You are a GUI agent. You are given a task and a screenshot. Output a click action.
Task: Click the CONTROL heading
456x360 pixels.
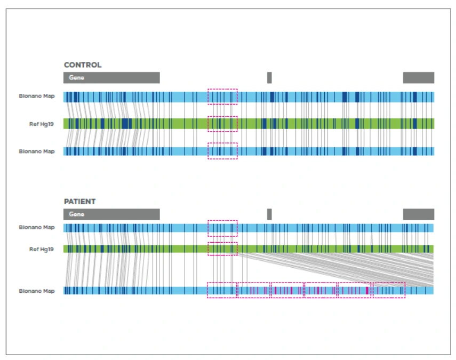coord(83,65)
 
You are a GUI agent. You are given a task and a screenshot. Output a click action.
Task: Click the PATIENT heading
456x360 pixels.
coord(79,202)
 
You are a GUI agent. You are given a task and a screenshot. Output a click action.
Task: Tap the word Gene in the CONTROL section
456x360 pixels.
coord(76,78)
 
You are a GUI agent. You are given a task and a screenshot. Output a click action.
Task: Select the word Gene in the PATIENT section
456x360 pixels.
coord(76,214)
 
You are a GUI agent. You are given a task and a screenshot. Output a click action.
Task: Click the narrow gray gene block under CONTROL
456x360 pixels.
coord(269,78)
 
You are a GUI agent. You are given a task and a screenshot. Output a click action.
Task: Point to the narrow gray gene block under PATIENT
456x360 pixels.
coord(269,214)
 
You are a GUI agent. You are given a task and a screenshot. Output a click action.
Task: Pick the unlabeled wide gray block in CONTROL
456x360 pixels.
coord(419,78)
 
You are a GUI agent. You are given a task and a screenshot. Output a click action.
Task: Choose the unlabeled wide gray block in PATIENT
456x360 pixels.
coord(419,214)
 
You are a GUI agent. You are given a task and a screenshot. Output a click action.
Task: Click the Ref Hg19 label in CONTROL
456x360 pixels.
coord(41,124)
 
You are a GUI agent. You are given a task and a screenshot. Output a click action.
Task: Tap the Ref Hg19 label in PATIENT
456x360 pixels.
coord(41,249)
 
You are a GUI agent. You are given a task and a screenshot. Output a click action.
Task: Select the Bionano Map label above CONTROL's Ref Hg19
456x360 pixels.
coord(37,96)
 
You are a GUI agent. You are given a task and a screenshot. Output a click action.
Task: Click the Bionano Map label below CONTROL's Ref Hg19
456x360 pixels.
coord(37,151)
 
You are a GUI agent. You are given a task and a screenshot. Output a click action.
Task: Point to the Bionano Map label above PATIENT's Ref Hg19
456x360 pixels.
coord(37,227)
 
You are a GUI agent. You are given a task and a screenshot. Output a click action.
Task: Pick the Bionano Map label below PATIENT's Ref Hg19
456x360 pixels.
coord(37,291)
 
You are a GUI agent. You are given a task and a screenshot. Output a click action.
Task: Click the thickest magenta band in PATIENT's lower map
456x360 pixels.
coord(367,291)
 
